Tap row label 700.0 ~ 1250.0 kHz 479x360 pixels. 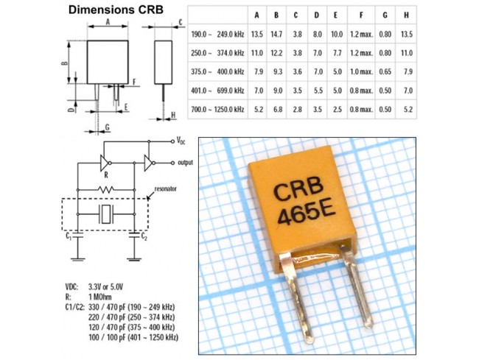click(x=217, y=109)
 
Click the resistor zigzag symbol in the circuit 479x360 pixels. click(x=106, y=188)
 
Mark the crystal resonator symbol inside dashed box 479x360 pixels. click(x=106, y=214)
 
